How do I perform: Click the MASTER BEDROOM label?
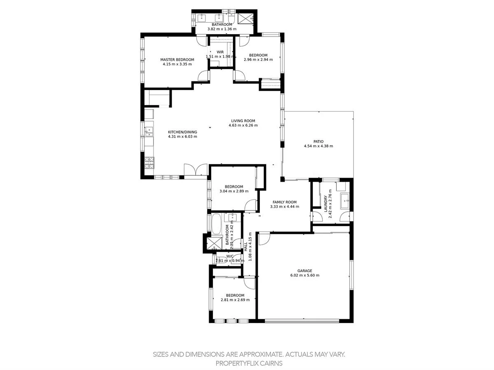[x=177, y=60]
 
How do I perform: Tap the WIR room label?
[x=220, y=52]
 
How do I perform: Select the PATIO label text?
[x=318, y=141]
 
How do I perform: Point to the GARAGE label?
[x=305, y=271]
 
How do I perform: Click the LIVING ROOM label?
[x=243, y=121]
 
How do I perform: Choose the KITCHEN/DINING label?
[x=182, y=132]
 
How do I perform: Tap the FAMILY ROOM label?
[x=284, y=202]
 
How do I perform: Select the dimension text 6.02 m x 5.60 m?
[x=305, y=275]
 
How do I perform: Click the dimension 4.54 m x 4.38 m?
[x=318, y=146]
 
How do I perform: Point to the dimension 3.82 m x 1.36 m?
[x=222, y=29]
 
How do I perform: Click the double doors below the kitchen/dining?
[x=196, y=171]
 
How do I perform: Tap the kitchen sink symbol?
[x=149, y=132]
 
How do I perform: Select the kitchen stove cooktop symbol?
[x=149, y=163]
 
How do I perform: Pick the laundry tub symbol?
[x=344, y=201]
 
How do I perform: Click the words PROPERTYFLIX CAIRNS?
[x=249, y=363]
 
